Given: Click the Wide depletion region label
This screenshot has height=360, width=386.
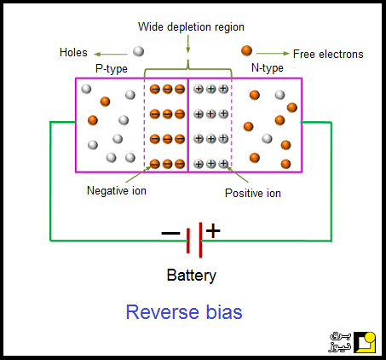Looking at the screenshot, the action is (191, 27).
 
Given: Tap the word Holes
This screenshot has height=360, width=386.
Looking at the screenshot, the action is (73, 53).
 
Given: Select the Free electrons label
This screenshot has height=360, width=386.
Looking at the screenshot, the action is (328, 54).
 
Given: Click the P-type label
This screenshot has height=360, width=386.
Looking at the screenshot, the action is (112, 68).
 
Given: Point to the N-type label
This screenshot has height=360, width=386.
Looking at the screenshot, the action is (268, 68).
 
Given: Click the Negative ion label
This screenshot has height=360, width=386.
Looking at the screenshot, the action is (117, 190).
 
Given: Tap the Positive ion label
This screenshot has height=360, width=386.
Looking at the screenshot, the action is (253, 194).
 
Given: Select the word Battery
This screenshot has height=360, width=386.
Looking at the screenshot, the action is (192, 276).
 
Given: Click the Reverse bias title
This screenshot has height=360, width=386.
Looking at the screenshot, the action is (184, 312).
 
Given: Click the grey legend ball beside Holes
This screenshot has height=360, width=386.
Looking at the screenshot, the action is (138, 51).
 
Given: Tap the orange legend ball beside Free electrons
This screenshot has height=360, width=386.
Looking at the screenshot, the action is (246, 50).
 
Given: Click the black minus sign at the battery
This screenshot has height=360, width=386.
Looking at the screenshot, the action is (170, 233).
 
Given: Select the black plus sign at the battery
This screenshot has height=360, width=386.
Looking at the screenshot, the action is (213, 230).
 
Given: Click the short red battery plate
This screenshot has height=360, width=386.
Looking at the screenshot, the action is (188, 241).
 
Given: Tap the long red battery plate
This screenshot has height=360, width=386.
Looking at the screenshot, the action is (200, 240).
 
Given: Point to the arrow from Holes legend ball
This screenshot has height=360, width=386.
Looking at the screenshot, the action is (111, 54).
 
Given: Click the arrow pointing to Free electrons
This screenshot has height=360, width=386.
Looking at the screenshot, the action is (273, 53).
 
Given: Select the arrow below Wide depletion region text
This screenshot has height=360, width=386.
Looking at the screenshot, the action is (187, 44).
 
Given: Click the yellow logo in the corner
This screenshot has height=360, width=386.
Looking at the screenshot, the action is (365, 342).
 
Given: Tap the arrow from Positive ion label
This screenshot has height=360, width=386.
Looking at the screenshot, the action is (237, 174).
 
